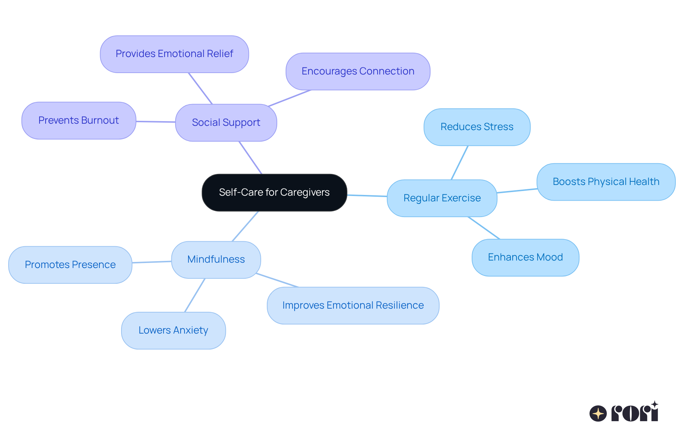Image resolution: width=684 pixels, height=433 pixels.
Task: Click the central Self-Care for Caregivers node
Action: pos(274,192)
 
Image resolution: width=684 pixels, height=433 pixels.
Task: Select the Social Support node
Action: pos(226,123)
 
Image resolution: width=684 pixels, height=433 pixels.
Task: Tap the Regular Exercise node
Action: pos(442,198)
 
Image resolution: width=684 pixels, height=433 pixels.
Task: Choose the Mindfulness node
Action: pos(216,259)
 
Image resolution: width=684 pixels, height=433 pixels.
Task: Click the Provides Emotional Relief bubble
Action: pos(174,54)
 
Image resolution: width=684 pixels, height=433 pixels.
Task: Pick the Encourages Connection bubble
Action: pos(358,71)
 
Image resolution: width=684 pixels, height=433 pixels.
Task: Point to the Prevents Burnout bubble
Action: pos(78,120)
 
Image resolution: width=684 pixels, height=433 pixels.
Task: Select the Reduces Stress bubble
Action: pos(477,127)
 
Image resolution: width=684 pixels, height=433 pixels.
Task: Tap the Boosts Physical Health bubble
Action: pos(606,182)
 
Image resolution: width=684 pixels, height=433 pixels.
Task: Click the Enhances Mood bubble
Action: pos(525,257)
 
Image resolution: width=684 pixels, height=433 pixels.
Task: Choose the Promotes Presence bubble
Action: pos(70,265)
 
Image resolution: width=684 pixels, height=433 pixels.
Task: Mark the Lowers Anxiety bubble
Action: pos(173,330)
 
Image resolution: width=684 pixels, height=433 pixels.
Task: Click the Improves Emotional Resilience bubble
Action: pos(353,305)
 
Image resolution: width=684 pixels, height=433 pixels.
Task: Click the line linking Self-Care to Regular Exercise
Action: pos(367,196)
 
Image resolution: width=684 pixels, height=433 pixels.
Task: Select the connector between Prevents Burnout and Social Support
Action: pos(156,122)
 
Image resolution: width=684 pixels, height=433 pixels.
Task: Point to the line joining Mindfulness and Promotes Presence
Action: pos(152,262)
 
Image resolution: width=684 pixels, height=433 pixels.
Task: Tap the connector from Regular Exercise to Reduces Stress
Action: pos(460,163)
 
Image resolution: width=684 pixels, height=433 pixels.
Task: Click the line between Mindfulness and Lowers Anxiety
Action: pos(195,295)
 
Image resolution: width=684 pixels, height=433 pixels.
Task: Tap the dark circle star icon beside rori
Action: pos(598,414)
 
